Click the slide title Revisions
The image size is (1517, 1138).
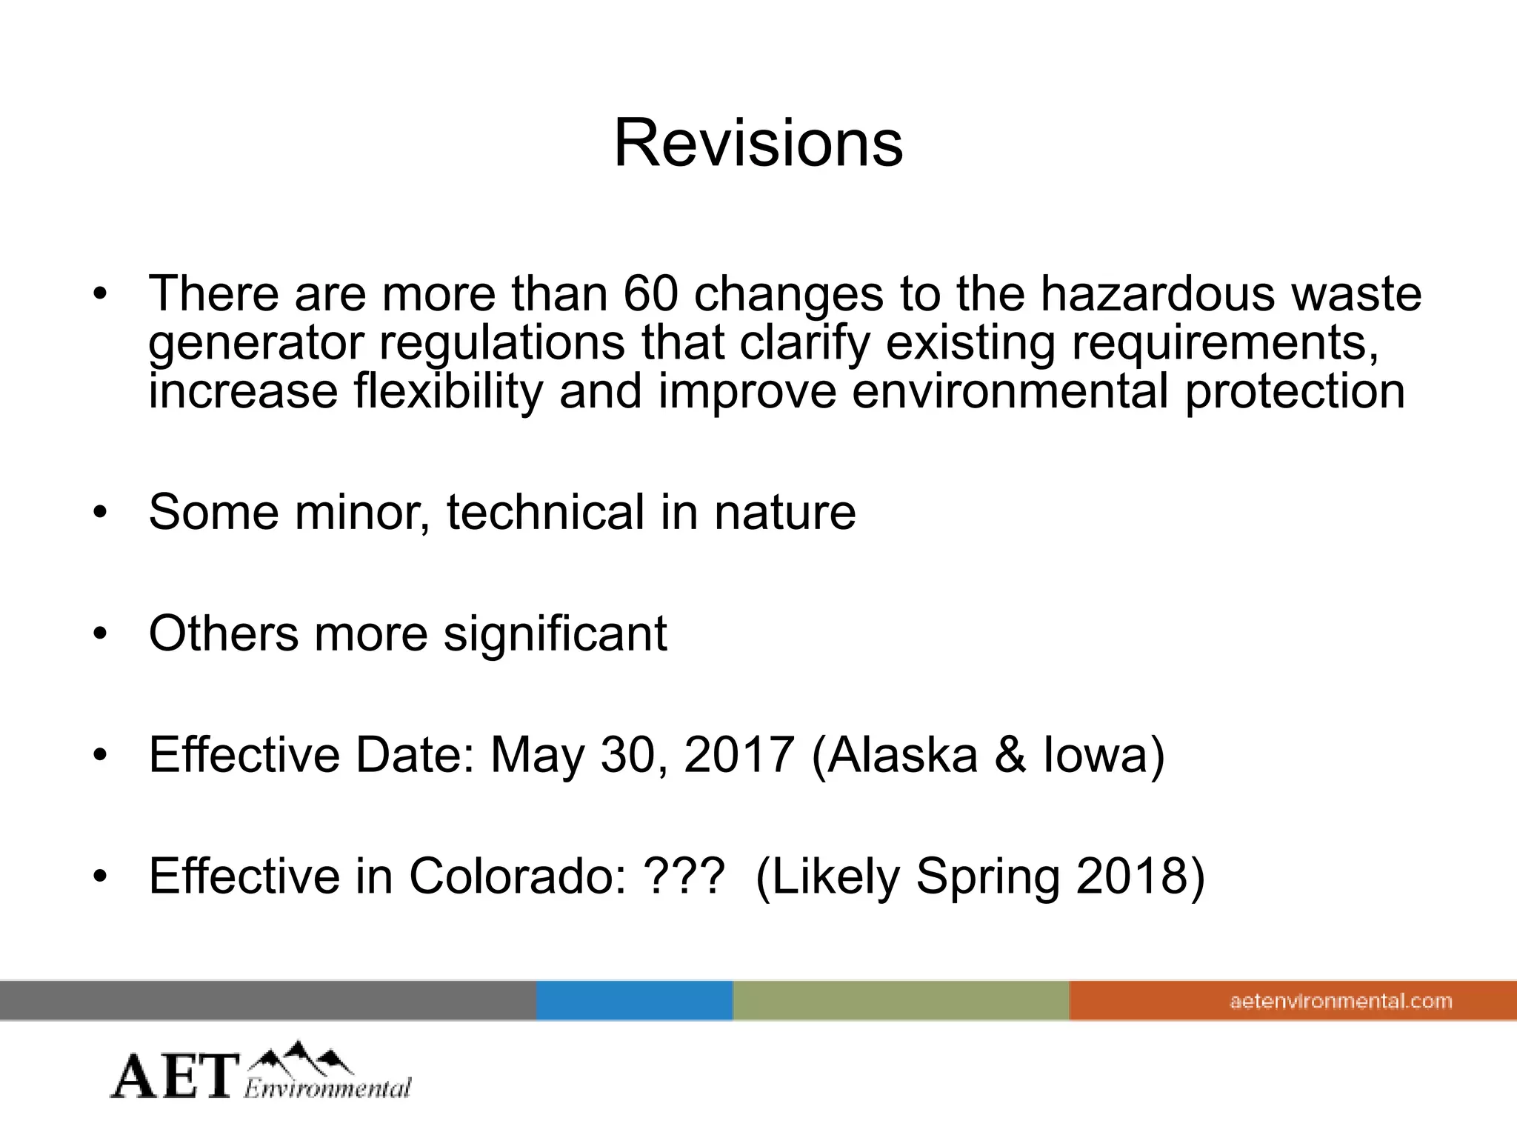click(x=758, y=143)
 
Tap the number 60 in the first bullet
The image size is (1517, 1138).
click(x=650, y=293)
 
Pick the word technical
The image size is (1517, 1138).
click(x=545, y=512)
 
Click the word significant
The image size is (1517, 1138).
click(x=555, y=633)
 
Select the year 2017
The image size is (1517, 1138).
click(x=739, y=755)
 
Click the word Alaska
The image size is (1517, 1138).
click(x=902, y=755)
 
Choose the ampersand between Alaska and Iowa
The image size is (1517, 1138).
click(x=1010, y=755)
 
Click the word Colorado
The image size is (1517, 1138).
click(x=517, y=876)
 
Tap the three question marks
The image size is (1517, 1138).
click(x=684, y=876)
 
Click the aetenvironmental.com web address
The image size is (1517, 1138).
click(x=1341, y=1002)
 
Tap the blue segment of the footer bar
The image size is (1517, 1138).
click(x=634, y=1001)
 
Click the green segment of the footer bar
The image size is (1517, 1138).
click(x=901, y=1001)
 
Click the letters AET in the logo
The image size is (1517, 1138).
click(x=176, y=1077)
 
